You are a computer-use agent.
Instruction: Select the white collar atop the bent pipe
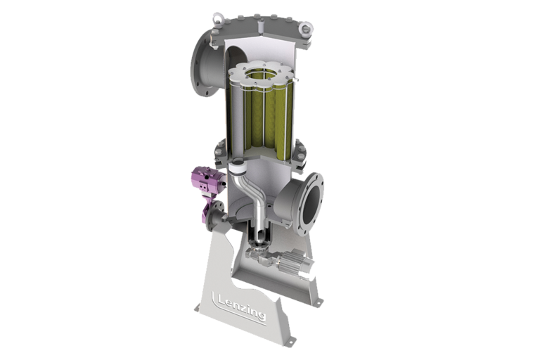pos(237,166)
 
